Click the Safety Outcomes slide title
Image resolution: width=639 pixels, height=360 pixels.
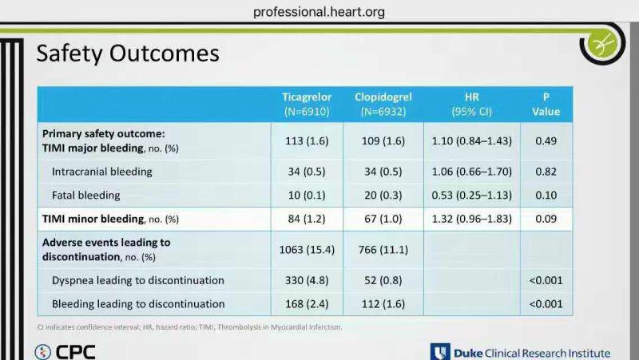(x=128, y=53)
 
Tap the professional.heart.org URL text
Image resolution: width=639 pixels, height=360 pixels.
(x=319, y=12)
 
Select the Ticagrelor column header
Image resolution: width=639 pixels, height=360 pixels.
(x=307, y=105)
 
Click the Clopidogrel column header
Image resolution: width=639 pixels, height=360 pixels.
(x=383, y=105)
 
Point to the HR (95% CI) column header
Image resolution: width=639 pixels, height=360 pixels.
(x=471, y=105)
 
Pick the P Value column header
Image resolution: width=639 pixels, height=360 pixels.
(x=546, y=105)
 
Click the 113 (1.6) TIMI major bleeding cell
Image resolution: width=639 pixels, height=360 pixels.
(x=307, y=141)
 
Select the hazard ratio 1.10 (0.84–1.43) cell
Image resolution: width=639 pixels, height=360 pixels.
(x=471, y=141)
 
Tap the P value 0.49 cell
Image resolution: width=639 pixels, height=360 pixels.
(x=546, y=141)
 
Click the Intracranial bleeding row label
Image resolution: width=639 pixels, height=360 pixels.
(x=102, y=172)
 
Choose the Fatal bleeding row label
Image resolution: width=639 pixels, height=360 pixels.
(x=86, y=196)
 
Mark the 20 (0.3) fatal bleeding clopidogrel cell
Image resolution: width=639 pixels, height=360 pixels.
(x=383, y=196)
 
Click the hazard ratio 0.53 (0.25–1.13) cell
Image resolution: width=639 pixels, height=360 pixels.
(x=471, y=196)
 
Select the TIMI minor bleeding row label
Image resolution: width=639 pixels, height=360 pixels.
(x=110, y=219)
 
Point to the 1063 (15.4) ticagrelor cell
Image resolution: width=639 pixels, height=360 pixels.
(x=307, y=250)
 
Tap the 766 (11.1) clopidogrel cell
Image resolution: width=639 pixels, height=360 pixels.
(x=383, y=250)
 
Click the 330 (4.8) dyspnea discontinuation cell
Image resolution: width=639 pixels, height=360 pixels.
(x=307, y=281)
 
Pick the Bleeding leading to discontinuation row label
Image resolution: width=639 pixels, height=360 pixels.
(x=138, y=304)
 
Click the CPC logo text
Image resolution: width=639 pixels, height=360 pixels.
(x=75, y=352)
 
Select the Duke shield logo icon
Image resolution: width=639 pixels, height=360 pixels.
(x=440, y=352)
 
